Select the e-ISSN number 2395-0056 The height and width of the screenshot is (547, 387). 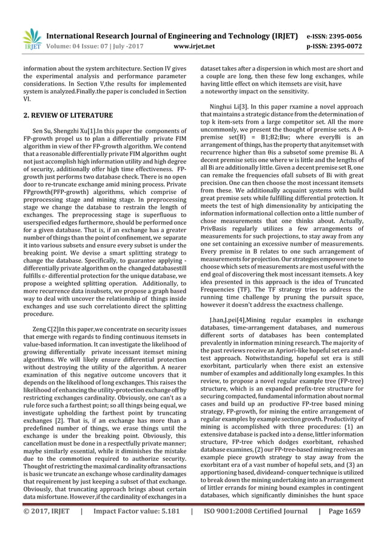pos(345,36)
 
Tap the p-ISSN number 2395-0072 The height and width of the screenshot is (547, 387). pos(345,45)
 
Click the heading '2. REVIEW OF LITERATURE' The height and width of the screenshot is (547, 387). pos(68,115)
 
